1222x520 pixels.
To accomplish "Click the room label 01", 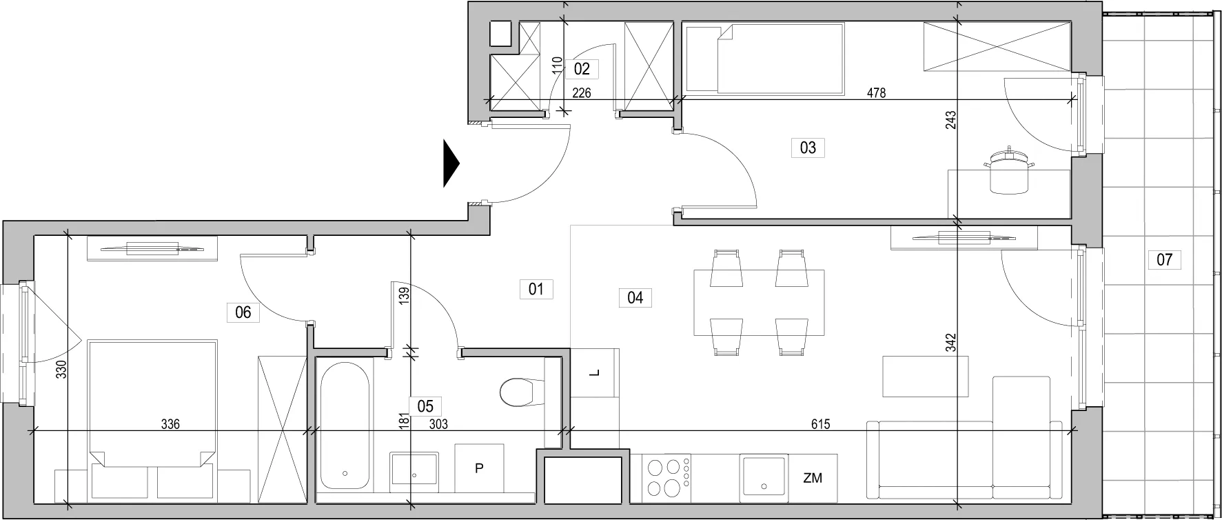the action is point(536,289).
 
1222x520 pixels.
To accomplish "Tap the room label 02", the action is point(582,68).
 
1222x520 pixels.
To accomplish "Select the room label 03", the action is point(808,147).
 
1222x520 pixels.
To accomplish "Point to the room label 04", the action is point(635,297).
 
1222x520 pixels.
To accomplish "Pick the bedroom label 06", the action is point(243,312).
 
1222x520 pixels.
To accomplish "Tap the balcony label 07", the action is point(1164,260).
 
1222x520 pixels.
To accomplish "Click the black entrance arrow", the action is point(451,163).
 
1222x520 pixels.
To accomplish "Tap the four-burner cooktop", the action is point(666,477).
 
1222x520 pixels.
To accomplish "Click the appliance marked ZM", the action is point(813,477).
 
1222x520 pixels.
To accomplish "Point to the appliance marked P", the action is point(479,468).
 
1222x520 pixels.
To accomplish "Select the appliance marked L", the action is point(595,373).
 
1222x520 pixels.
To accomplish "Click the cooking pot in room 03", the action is point(1009,171).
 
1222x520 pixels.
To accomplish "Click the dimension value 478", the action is point(876,93).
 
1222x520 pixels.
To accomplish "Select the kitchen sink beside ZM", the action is point(764,477).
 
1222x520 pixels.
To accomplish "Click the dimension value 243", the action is point(950,121).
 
